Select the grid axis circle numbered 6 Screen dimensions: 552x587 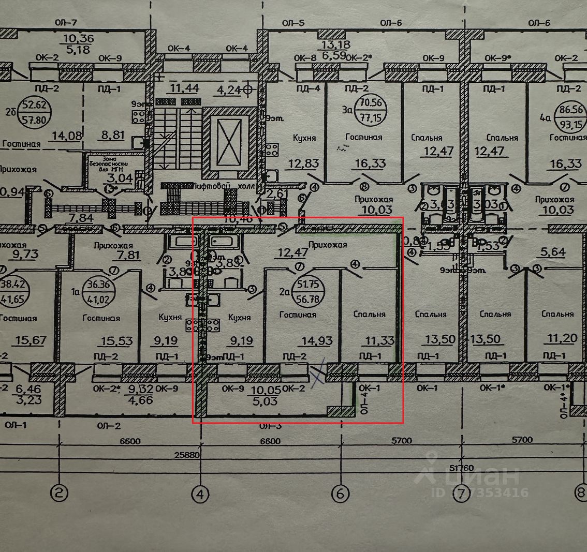pyautogui.click(x=340, y=494)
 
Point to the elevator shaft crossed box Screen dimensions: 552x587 pyautogui.click(x=228, y=141)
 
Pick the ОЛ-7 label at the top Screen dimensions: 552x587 pyautogui.click(x=67, y=23)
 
